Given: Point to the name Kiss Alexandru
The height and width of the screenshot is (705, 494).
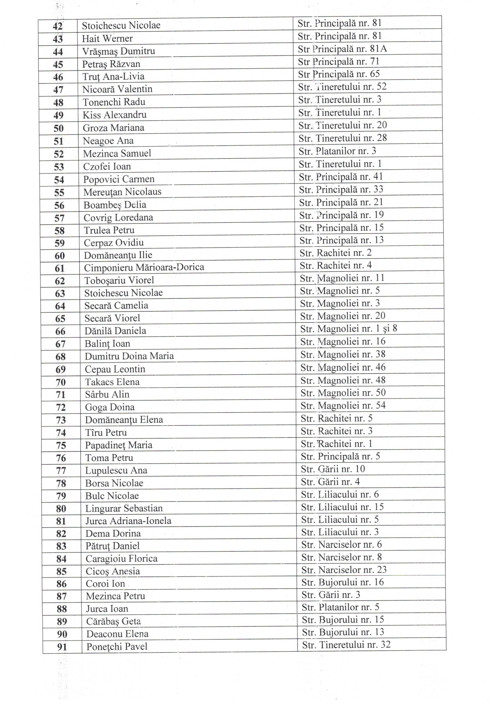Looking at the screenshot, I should pos(114,115).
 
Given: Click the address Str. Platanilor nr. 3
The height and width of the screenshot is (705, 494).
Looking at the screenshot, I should pos(337,151).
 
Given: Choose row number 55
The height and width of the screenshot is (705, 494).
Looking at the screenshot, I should pos(59,193).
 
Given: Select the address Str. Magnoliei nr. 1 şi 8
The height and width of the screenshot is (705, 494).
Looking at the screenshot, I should pos(349,329).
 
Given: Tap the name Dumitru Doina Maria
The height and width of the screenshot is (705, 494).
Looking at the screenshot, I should pos(129,356).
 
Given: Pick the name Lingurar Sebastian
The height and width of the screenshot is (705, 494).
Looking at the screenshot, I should pos(124,508).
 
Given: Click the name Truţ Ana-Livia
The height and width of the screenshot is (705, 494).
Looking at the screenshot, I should pos(113,77).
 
